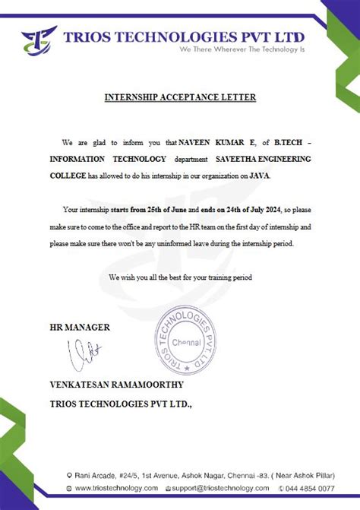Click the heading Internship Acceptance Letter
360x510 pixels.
[x=179, y=97]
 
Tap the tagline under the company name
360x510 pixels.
[x=241, y=49]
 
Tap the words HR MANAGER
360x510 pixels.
[x=79, y=328]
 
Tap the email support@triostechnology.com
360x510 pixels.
[x=220, y=488]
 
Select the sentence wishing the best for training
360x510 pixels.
[x=180, y=277]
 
